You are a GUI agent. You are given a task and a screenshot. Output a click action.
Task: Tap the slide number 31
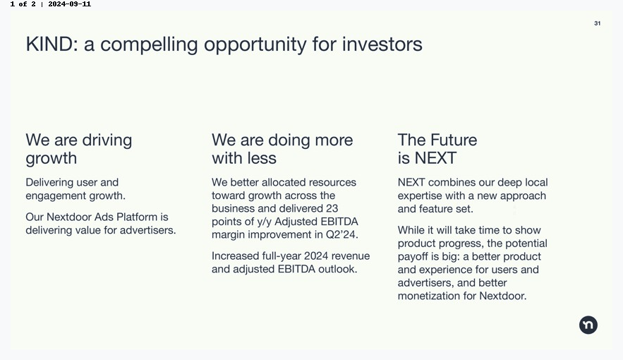[597, 23]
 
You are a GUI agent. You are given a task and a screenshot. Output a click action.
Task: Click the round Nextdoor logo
[588, 325]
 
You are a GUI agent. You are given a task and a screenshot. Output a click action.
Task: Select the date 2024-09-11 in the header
[70, 4]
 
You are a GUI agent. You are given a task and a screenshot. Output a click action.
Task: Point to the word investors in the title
[382, 44]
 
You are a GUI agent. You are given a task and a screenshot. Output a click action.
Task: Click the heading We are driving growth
[79, 149]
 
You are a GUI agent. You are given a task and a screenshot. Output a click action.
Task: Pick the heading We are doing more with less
[282, 149]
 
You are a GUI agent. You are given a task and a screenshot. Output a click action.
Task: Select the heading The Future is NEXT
[437, 149]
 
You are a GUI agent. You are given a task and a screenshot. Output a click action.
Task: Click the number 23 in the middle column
[332, 208]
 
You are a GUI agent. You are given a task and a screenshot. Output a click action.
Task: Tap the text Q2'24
[341, 234]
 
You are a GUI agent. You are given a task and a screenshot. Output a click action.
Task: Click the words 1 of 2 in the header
[23, 4]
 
